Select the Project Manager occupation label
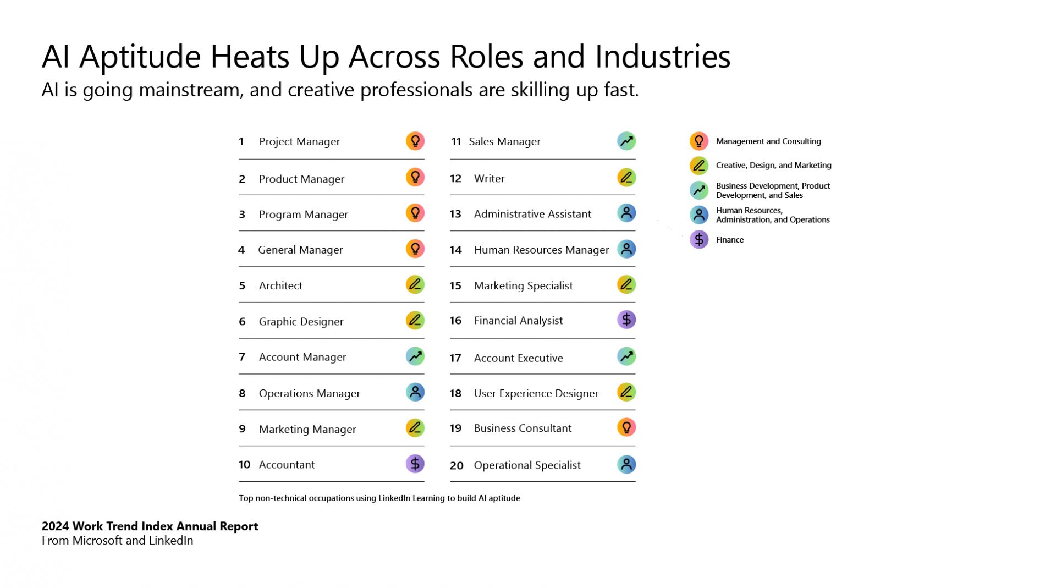(299, 142)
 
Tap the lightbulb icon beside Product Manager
(415, 177)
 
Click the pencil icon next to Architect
(415, 284)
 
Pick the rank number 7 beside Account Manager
(242, 357)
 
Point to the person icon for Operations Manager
(415, 392)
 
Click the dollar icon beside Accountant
(415, 464)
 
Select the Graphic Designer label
(301, 322)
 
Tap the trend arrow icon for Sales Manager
(626, 141)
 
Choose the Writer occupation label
(489, 178)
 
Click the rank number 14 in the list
(455, 250)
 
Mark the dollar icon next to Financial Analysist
(626, 320)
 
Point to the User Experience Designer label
(536, 393)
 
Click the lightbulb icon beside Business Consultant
(626, 427)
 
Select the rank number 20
(457, 465)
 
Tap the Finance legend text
(730, 240)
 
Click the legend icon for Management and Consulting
(699, 141)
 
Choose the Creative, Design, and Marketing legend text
(774, 166)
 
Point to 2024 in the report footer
(56, 526)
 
